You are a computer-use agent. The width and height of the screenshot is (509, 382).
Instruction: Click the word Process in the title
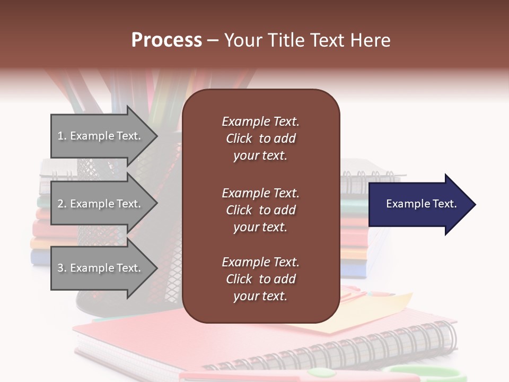point(166,40)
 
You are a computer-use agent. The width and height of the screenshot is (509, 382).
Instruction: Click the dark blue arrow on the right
point(419,204)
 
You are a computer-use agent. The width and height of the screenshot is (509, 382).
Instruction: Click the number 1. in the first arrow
point(62,136)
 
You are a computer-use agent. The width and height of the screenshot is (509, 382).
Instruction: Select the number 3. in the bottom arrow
point(62,268)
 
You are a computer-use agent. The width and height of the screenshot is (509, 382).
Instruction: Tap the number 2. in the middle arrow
point(62,204)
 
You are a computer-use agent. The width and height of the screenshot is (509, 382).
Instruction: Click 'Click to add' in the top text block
point(260,139)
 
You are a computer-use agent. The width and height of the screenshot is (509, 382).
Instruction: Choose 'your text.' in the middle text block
point(260,227)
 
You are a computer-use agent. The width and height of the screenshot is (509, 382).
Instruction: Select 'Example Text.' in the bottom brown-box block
point(260,262)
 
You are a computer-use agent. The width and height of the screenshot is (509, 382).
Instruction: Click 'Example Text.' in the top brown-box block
point(260,121)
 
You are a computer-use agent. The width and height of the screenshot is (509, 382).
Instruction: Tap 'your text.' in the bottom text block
point(260,297)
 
